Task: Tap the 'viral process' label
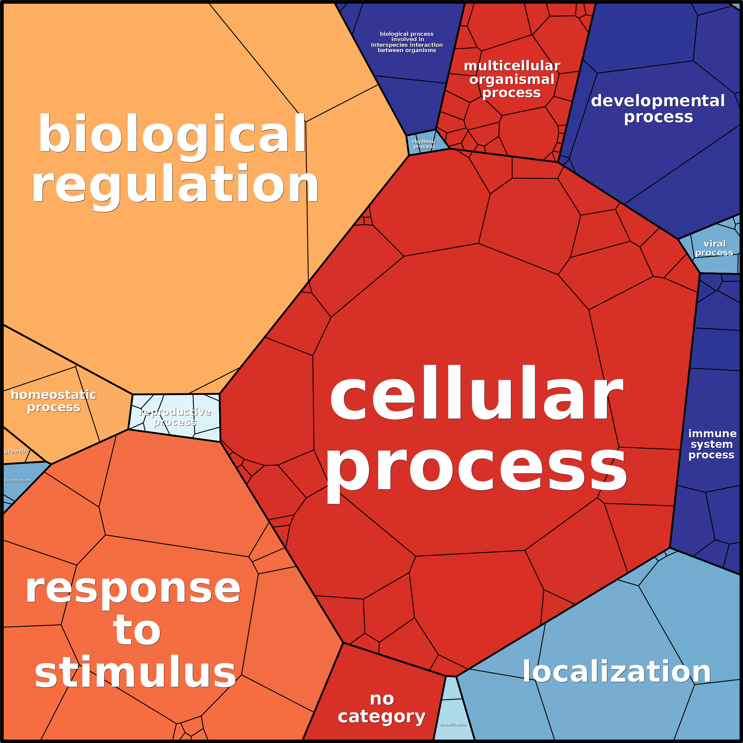coord(714,248)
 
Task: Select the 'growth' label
coord(14,451)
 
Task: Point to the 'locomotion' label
coord(17,480)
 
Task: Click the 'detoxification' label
coord(453,725)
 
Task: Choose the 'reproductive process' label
coord(175,417)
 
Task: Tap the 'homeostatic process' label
coord(54,401)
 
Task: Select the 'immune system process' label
coord(712,444)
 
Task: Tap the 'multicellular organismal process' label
coord(512,79)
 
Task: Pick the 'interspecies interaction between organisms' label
coord(407,42)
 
